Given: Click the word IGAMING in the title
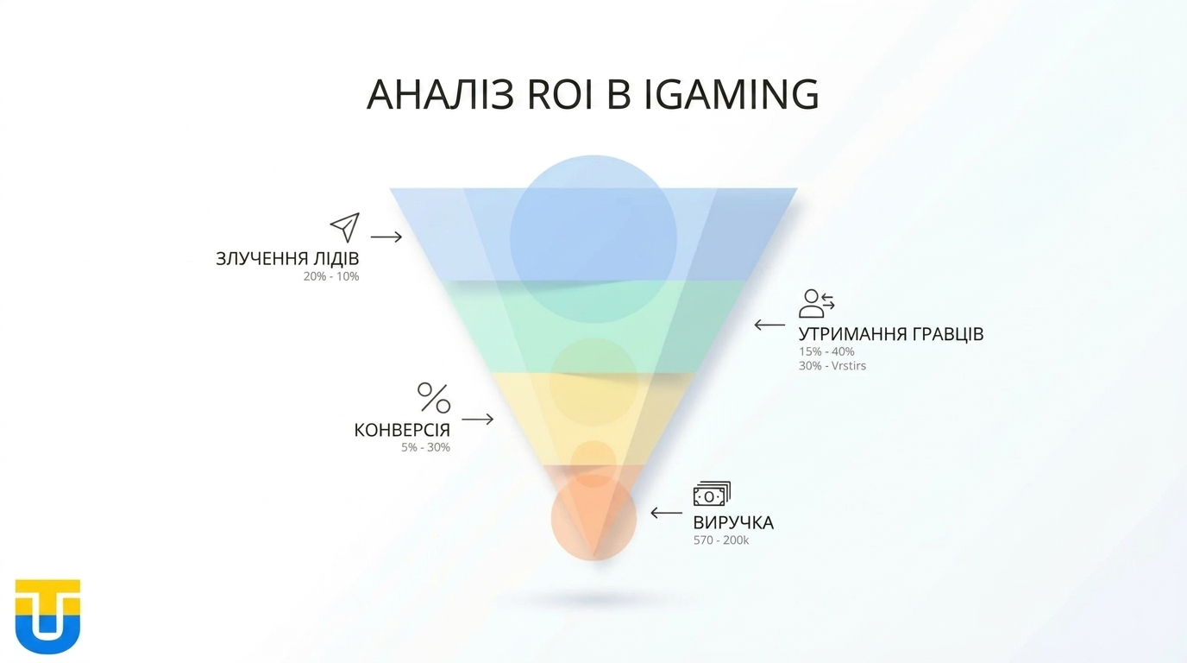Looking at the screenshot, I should (732, 94).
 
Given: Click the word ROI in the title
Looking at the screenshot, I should (558, 94).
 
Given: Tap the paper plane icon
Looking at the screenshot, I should (344, 227).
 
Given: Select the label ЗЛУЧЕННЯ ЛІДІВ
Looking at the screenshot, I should (287, 259).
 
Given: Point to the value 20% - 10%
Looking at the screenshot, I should (330, 277).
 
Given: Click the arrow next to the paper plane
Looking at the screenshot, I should (386, 237).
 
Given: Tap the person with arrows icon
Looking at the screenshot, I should (816, 303).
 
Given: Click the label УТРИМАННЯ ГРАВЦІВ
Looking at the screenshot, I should (890, 334).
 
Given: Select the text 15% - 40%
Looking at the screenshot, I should (826, 351).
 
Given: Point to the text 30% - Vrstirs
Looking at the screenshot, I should (832, 366).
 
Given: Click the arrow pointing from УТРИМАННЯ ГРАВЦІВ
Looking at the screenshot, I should (769, 325).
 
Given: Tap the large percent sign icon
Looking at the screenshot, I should (434, 398).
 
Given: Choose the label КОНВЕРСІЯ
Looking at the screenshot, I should (402, 430).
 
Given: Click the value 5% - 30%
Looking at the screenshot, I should (425, 447).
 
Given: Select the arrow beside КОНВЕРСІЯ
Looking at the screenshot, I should (478, 419).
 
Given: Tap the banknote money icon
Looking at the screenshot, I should (712, 495).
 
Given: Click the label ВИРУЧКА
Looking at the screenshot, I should (733, 523).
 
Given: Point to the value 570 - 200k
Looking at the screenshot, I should (721, 541).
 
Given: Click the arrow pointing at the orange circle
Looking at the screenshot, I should (666, 513).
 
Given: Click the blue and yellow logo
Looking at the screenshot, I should (47, 616).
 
